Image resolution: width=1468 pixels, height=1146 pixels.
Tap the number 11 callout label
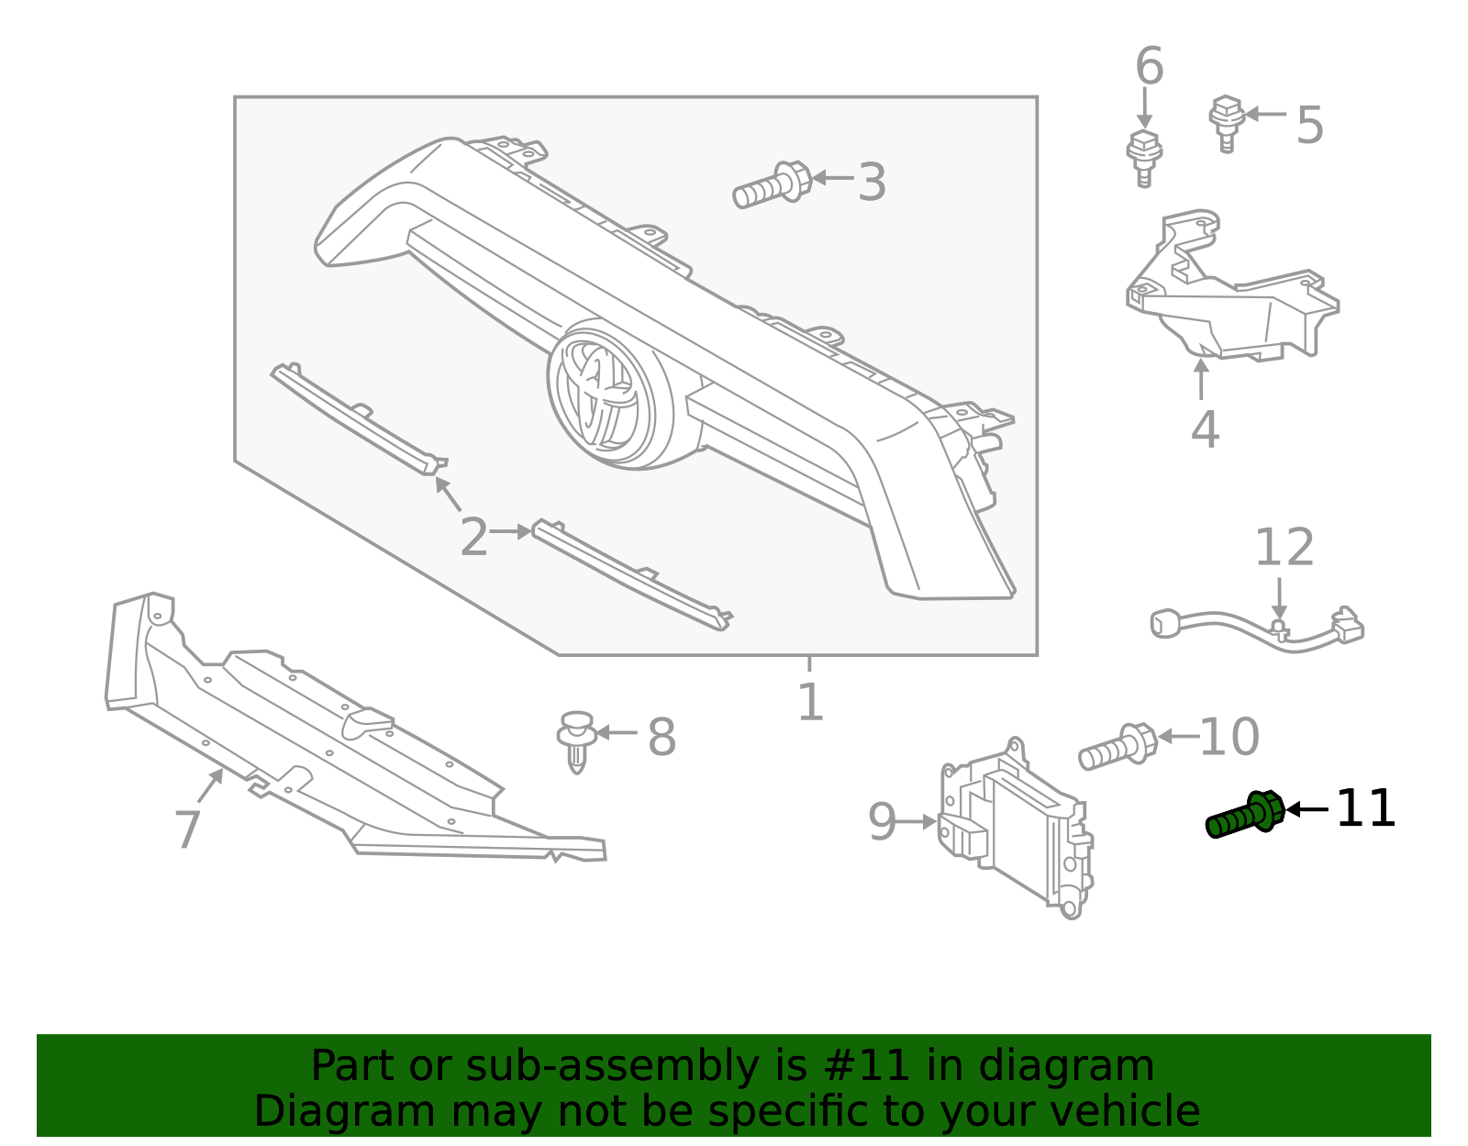1365,809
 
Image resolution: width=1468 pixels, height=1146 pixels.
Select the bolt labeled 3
772,184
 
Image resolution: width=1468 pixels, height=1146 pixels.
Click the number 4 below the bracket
1204,428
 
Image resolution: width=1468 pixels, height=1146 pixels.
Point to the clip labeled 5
1226,121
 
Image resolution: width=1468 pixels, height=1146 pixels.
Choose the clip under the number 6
1143,158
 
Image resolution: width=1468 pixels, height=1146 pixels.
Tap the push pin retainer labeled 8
576,739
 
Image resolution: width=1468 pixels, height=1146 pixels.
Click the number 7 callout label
188,829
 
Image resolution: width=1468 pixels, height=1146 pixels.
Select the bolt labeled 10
1117,747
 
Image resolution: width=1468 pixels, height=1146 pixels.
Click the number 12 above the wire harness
1284,548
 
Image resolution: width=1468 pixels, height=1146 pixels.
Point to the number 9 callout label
882,822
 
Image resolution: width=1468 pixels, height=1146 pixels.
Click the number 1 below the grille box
810,703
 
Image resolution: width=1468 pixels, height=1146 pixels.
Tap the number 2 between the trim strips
473,537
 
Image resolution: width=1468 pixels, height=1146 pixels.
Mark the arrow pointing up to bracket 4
1201,379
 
